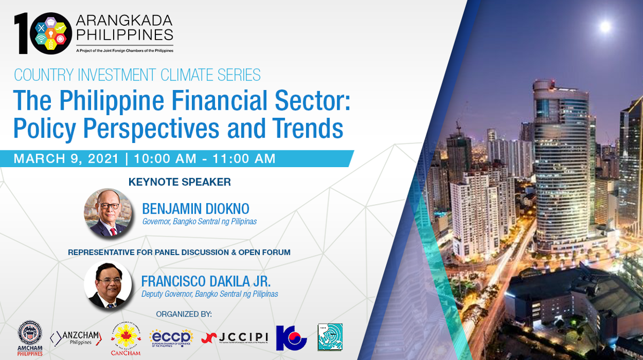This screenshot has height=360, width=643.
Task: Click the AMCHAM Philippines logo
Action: pos(31,338)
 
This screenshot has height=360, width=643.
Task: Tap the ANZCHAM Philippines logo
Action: pos(75,338)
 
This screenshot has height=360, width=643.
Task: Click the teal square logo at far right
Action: pos(330,337)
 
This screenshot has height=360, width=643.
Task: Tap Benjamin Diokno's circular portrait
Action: pos(108,213)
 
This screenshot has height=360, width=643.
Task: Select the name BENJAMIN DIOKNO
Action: pos(196,208)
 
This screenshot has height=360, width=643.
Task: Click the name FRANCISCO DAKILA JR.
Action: pos(210,281)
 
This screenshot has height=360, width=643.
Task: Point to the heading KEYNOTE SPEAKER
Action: pos(180,182)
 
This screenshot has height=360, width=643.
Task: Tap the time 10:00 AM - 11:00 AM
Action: pos(205,159)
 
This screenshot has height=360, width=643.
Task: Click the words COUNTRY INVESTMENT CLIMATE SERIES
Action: pos(137,75)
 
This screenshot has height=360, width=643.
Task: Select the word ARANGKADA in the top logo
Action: pos(124,21)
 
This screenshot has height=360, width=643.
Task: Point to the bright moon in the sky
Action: pos(605,26)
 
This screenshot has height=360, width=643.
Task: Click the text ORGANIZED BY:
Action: pos(184,313)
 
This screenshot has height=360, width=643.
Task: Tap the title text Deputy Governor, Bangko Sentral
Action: pos(210,294)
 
